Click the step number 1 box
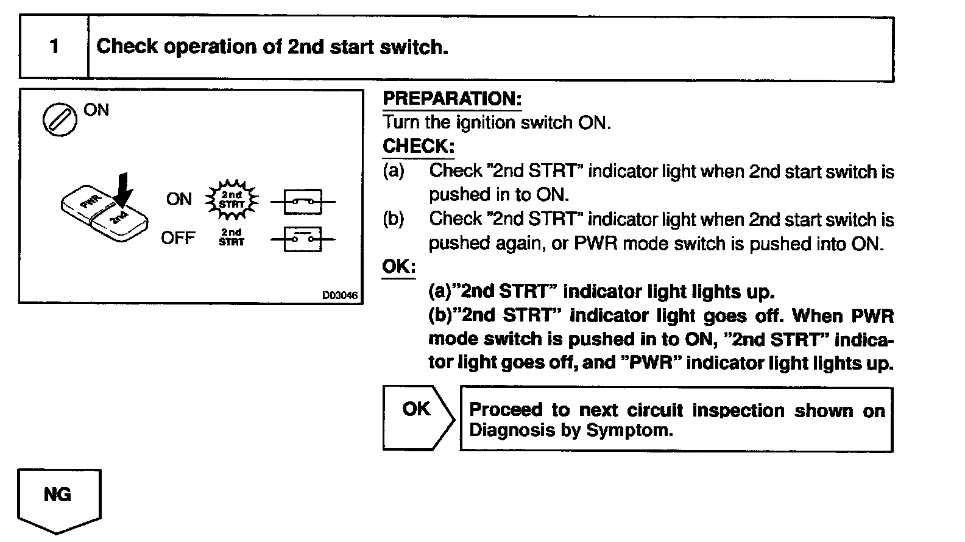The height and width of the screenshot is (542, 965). click(x=54, y=47)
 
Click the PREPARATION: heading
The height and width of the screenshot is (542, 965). click(x=451, y=99)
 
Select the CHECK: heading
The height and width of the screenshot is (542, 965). click(x=418, y=146)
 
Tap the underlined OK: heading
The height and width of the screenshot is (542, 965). click(x=398, y=267)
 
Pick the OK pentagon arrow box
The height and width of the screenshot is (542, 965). click(x=418, y=417)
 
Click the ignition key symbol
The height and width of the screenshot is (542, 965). click(x=60, y=119)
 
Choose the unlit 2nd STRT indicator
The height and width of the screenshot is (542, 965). click(x=232, y=238)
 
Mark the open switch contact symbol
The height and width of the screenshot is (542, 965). click(x=303, y=238)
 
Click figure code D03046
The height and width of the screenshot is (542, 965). click(x=340, y=295)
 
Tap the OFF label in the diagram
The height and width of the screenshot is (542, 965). click(x=178, y=238)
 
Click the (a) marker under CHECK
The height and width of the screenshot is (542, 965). click(x=393, y=171)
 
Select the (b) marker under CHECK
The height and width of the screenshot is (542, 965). click(x=393, y=219)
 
